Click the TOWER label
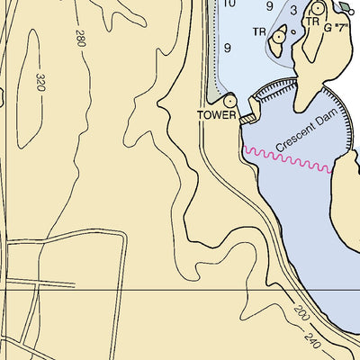(x=218, y=115)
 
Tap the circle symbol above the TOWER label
(x=229, y=101)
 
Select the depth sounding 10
(x=229, y=4)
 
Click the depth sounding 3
(x=293, y=11)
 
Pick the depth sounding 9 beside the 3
(x=269, y=7)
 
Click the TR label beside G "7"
(x=312, y=22)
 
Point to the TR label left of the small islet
(x=259, y=32)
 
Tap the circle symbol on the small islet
(x=278, y=36)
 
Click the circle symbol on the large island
(x=317, y=8)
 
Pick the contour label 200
(x=300, y=314)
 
